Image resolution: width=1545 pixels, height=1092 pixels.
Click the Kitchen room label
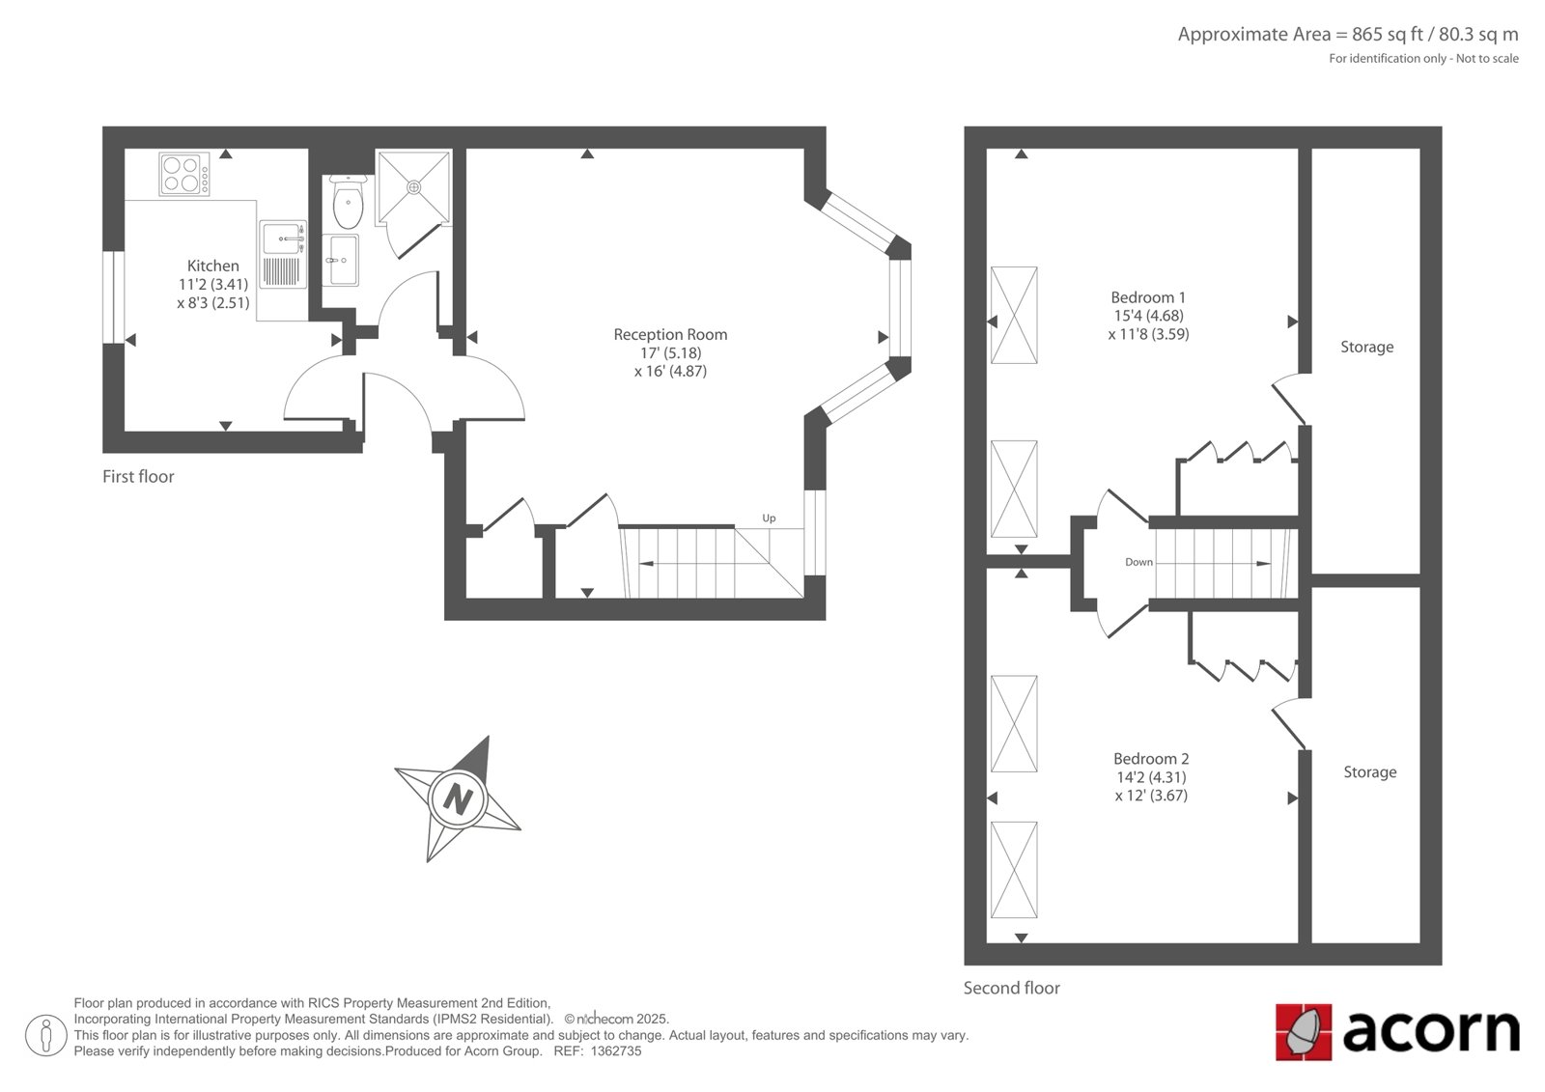pyautogui.click(x=213, y=266)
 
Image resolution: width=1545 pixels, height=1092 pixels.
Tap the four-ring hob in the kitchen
pyautogui.click(x=184, y=174)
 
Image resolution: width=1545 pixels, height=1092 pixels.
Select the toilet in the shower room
pyautogui.click(x=348, y=202)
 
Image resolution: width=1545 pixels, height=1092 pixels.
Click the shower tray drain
pyautogui.click(x=414, y=187)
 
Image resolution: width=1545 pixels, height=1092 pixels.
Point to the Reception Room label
pyautogui.click(x=670, y=335)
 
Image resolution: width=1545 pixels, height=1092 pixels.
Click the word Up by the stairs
pyautogui.click(x=769, y=518)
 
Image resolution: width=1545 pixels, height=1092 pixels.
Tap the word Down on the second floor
pyautogui.click(x=1138, y=562)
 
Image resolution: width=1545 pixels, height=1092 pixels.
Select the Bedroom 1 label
pyautogui.click(x=1148, y=297)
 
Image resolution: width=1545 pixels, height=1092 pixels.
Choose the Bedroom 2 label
pyautogui.click(x=1151, y=759)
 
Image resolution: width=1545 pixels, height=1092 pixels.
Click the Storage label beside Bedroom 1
pyautogui.click(x=1367, y=347)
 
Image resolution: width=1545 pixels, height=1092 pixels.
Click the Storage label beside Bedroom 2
pyautogui.click(x=1370, y=771)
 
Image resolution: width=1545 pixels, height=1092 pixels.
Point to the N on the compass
pyautogui.click(x=458, y=800)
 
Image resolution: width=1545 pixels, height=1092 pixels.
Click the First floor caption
pyautogui.click(x=138, y=477)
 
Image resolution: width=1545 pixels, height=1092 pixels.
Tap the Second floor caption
pyautogui.click(x=1012, y=988)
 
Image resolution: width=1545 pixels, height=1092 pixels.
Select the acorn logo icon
pyautogui.click(x=1304, y=1032)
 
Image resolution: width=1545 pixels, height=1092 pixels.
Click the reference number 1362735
pyautogui.click(x=616, y=1051)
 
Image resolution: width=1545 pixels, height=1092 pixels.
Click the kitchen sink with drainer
pyautogui.click(x=284, y=255)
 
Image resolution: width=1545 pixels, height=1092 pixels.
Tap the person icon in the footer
pyautogui.click(x=45, y=1035)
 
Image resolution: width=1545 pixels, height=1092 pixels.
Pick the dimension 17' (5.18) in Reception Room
pyautogui.click(x=670, y=353)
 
